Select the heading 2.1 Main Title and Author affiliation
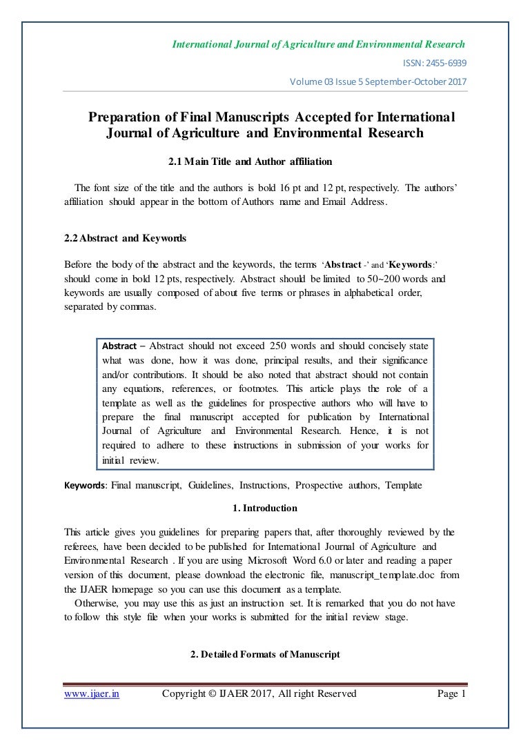click(251, 162)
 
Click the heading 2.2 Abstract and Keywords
click(125, 238)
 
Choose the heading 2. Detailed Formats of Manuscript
click(265, 655)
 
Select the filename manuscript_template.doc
click(384, 574)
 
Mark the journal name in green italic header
click(318, 45)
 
